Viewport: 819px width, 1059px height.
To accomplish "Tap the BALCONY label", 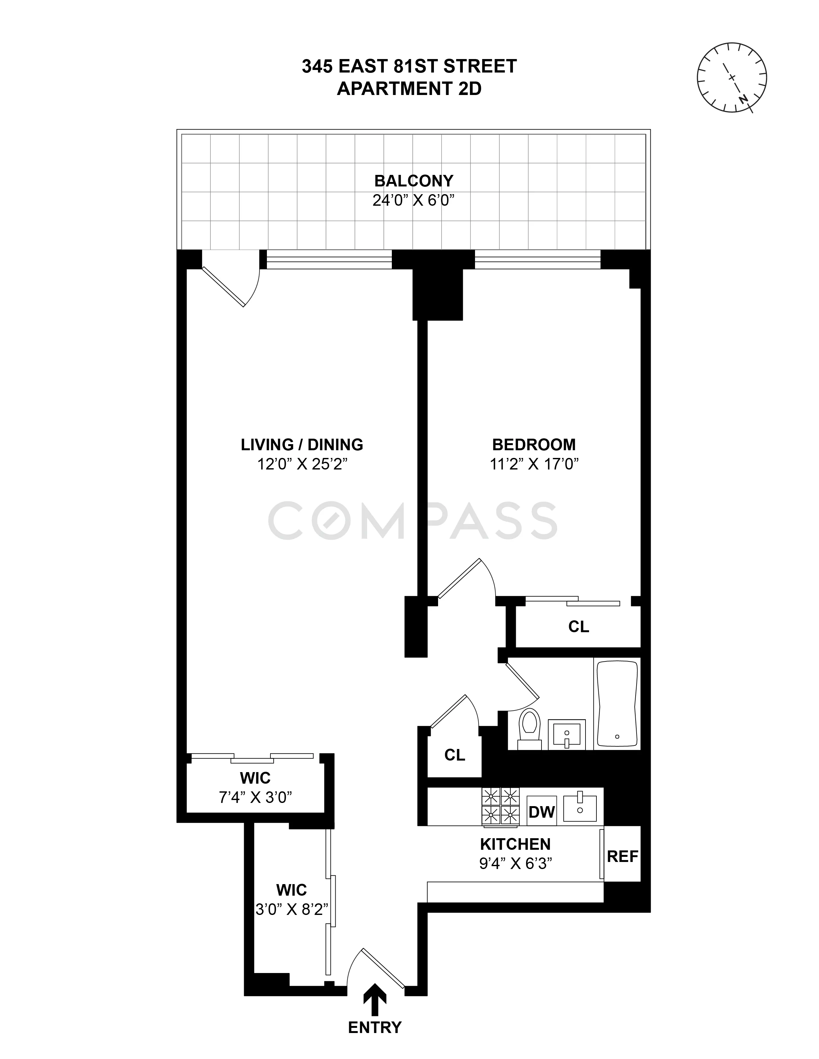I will (x=413, y=181).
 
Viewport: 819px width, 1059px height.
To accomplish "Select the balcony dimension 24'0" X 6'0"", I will (x=413, y=200).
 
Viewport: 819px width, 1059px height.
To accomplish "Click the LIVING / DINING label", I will (x=302, y=445).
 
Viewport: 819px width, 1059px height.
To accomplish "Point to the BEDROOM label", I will (x=534, y=445).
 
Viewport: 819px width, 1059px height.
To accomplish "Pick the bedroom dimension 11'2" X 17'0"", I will (x=534, y=465).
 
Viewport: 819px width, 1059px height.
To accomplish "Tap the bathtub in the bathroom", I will (x=617, y=703).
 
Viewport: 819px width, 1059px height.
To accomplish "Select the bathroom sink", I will (x=567, y=734).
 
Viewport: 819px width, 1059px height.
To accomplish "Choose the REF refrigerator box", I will (x=622, y=856).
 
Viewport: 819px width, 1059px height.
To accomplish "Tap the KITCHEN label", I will (x=515, y=844).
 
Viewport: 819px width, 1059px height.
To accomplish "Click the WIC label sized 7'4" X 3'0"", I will (x=255, y=778).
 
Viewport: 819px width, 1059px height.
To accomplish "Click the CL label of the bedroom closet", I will (x=578, y=627).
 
